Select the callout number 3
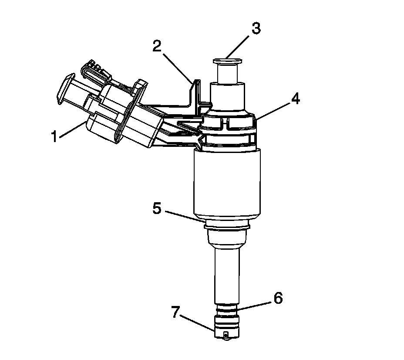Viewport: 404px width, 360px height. (256, 29)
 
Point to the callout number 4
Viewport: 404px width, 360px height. (296, 99)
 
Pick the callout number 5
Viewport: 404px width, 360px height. (157, 208)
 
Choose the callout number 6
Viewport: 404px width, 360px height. (277, 299)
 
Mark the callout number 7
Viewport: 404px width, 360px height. (175, 312)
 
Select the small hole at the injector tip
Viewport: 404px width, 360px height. (226, 335)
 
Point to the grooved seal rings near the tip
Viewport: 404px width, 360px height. (226, 313)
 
